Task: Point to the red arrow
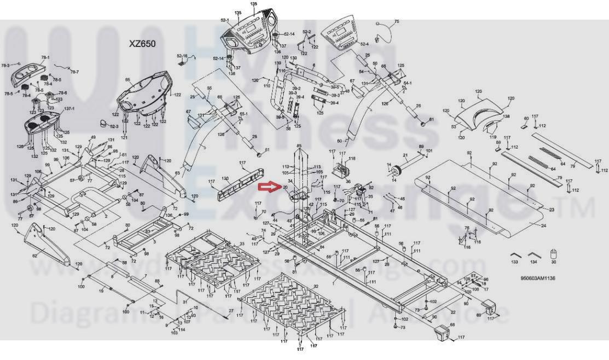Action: [269, 188]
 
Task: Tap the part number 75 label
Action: [397, 21]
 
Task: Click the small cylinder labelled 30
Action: [553, 254]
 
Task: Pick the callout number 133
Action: [514, 263]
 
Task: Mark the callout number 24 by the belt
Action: [544, 225]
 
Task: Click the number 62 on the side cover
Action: [34, 256]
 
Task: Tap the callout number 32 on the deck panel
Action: [316, 286]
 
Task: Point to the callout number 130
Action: [225, 179]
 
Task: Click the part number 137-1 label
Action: [69, 108]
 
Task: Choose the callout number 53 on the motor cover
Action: [454, 127]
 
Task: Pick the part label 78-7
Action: [74, 72]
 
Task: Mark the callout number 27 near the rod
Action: [231, 311]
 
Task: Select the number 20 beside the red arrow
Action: [285, 187]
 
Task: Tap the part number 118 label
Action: [352, 159]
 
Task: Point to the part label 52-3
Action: [114, 126]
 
